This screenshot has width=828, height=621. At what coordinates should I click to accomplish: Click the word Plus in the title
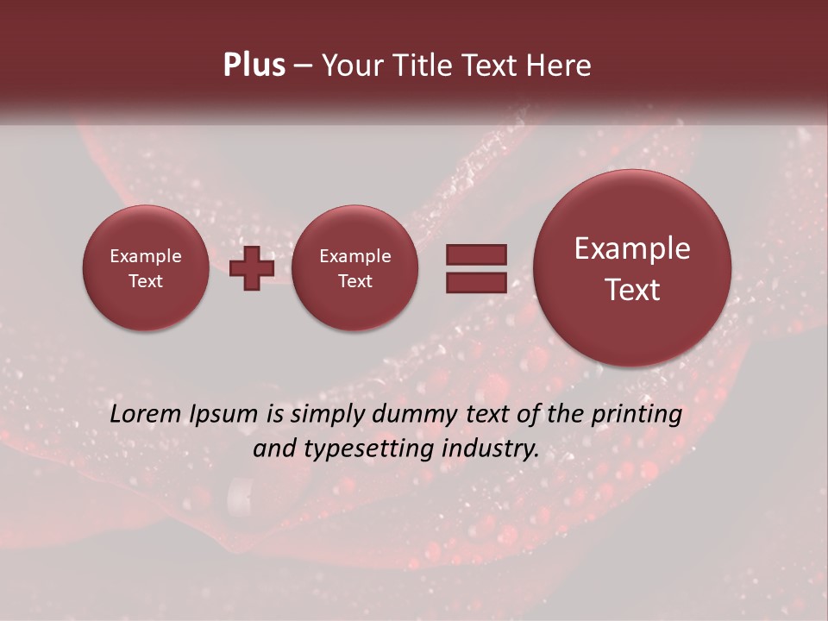(254, 66)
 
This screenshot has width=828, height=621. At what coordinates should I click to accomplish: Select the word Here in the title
(560, 66)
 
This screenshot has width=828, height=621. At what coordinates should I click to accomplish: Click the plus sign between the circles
(252, 268)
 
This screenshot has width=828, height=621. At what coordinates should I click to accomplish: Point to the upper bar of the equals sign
(476, 254)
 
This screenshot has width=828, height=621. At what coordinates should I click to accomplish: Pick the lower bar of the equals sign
(476, 282)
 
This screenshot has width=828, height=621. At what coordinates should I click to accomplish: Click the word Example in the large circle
(632, 248)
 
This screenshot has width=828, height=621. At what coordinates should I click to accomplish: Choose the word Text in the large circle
(632, 290)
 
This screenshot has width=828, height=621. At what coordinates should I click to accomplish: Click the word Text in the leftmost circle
(146, 281)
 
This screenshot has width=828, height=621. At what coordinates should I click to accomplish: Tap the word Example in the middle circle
(354, 256)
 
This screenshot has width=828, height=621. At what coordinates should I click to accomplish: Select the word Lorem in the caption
(144, 414)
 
